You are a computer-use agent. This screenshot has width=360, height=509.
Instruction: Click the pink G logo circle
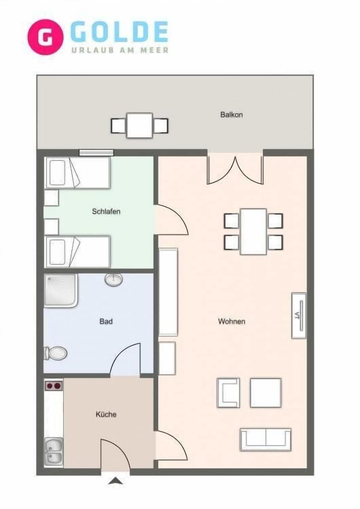[45, 37]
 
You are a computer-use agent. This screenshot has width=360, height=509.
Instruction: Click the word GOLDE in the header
[119, 32]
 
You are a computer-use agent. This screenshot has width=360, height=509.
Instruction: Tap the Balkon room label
[231, 115]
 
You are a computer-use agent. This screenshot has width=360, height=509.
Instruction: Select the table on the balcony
[139, 125]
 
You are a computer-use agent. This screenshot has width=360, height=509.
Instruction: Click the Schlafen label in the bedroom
[106, 211]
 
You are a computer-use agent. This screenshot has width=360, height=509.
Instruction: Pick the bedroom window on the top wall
[96, 153]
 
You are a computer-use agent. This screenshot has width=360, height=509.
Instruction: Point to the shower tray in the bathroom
[61, 290]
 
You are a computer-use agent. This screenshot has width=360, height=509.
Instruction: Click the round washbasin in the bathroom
[113, 280]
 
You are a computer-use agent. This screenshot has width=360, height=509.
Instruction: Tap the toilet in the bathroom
[56, 353]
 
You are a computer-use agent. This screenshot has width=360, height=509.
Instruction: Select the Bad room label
[106, 321]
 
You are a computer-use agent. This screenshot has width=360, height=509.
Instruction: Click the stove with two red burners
[54, 385]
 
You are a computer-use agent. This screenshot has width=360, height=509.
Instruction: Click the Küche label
[106, 414]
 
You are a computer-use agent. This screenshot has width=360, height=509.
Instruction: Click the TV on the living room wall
[299, 316]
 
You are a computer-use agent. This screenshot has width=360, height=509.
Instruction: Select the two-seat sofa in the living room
[265, 439]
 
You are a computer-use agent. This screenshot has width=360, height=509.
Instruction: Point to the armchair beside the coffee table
[228, 393]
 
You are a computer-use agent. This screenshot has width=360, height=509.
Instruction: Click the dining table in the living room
[253, 232]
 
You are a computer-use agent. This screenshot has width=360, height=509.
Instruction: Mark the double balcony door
[235, 169]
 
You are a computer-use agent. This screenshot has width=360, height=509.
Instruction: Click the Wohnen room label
[231, 321]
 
